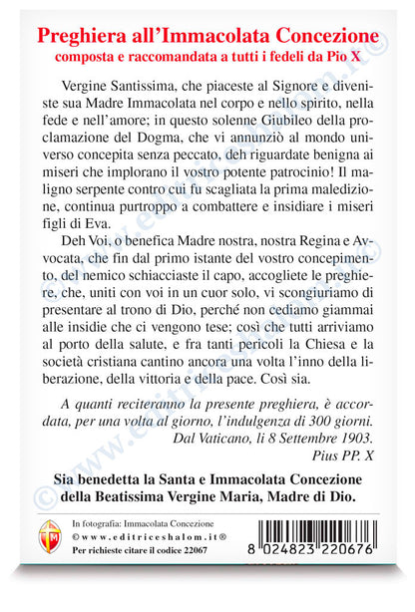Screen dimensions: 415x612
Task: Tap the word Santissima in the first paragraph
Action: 128,98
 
